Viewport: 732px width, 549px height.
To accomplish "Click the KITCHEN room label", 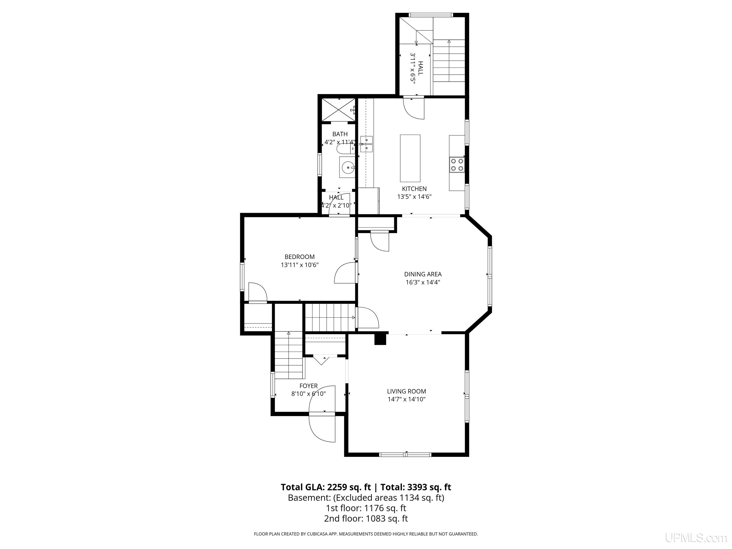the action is pos(414,189).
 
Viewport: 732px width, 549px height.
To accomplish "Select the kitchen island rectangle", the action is pos(410,158).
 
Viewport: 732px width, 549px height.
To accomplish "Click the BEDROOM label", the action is pos(300,257).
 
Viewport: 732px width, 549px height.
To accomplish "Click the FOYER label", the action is pos(308,386).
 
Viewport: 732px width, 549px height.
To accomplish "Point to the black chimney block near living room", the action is pos(380,339).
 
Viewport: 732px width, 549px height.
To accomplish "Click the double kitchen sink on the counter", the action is pos(366,144).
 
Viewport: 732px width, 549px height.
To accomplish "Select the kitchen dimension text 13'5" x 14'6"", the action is pos(414,197).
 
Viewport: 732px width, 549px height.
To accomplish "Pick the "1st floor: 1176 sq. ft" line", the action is pos(366,508).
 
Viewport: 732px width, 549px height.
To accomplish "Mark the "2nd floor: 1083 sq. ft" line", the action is pos(366,518).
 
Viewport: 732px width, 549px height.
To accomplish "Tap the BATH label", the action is pos(340,134).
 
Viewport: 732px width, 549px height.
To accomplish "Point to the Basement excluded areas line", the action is pos(366,498).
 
